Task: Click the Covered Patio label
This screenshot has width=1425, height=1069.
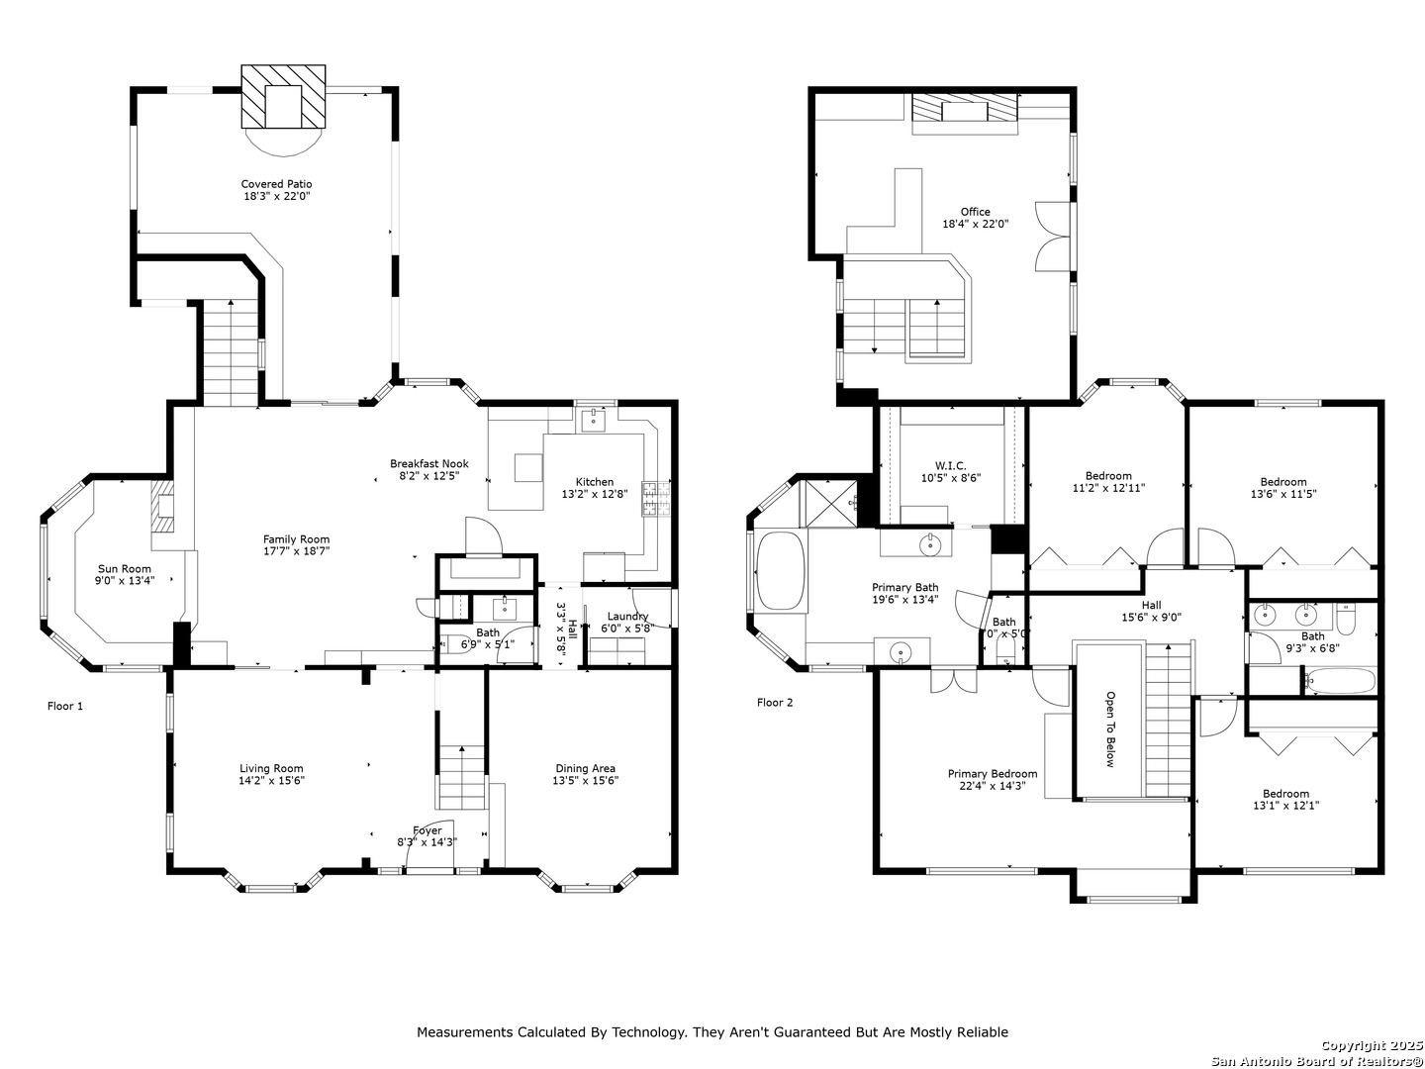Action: [x=276, y=184]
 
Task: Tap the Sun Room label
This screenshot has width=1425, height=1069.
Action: [x=124, y=569]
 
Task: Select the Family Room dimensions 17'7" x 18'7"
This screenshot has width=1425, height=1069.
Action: [x=296, y=551]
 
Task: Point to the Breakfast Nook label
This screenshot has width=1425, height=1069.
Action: [x=428, y=464]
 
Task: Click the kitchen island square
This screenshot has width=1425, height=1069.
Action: [x=527, y=467]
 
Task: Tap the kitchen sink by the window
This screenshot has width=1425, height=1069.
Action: [x=594, y=421]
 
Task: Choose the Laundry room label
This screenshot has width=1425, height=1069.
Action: [x=627, y=617]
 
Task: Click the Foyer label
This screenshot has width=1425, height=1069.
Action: [x=427, y=830]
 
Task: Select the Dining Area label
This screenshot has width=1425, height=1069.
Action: [x=585, y=768]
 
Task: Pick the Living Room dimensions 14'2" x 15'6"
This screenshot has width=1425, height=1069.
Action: [x=271, y=781]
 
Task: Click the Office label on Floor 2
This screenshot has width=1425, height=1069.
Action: [x=975, y=212]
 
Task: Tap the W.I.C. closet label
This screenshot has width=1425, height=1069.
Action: [x=950, y=466]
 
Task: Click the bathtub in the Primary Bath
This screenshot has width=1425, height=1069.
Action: [x=781, y=570]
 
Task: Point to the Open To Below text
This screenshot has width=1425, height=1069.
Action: [x=1109, y=729]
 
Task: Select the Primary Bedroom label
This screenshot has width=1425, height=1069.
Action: [x=992, y=774]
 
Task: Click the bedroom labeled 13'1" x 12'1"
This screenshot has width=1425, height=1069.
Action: [x=1284, y=800]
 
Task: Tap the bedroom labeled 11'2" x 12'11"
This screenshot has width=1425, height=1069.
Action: [x=1107, y=482]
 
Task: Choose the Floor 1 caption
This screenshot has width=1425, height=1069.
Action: [x=65, y=706]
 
